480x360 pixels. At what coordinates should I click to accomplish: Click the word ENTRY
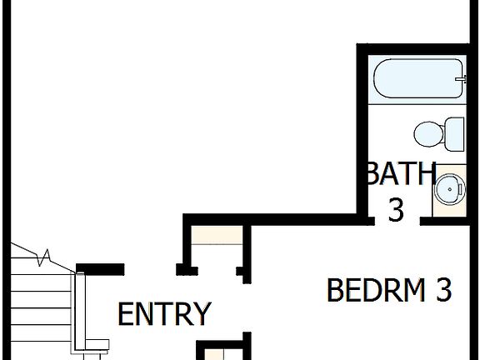click(x=164, y=314)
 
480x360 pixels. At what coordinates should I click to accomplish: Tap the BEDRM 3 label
click(x=388, y=290)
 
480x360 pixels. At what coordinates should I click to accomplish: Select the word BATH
click(x=401, y=174)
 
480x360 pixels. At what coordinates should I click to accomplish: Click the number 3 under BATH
click(x=395, y=210)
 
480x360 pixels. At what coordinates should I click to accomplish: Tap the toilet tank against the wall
click(x=454, y=132)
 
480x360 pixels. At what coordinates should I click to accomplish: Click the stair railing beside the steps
click(x=80, y=308)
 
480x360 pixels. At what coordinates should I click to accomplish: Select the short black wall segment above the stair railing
click(x=100, y=269)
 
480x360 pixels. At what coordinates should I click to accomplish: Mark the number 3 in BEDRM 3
click(x=443, y=290)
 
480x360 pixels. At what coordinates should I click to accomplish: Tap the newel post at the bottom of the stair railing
click(x=98, y=344)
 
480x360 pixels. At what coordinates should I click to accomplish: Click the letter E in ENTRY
click(x=125, y=314)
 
